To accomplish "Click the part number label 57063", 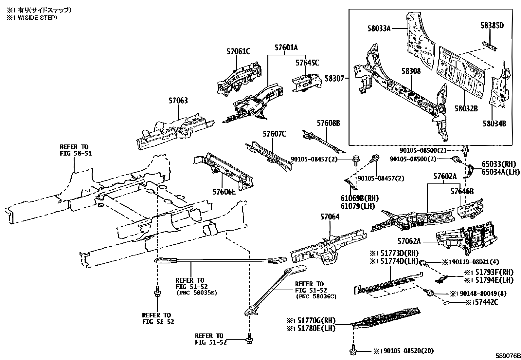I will point(178,101).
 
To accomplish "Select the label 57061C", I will point(238,51).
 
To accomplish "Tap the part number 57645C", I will point(307,63).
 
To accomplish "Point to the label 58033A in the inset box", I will point(379,29).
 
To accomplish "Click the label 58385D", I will point(492,26).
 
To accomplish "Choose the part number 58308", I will point(411,71).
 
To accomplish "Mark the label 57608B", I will point(328,123).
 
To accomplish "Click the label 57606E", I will point(224,192).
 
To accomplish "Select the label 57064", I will point(330,217).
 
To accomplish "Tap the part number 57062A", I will point(409,241).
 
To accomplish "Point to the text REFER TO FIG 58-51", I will point(76,150).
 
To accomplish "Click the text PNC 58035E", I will point(196,293).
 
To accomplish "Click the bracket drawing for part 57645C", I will point(306,82).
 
